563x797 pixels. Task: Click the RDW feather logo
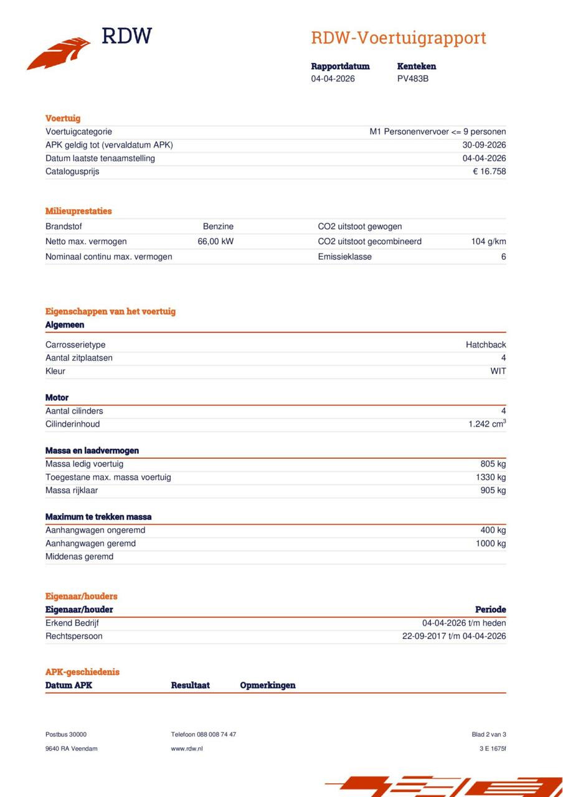tap(59, 54)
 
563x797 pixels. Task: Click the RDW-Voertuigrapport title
tap(399, 38)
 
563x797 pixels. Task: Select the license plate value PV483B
tap(413, 79)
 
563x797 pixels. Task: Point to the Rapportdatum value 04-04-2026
tap(333, 79)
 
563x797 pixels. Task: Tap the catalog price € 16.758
tap(490, 171)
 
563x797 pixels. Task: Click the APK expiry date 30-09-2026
tap(485, 145)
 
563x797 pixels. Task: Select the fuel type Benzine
tap(218, 227)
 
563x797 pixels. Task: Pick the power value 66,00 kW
tap(215, 242)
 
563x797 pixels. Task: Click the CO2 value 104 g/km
tap(488, 242)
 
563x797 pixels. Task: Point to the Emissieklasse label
tap(344, 257)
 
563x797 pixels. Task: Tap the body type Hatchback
tap(486, 345)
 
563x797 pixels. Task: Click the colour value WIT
tap(498, 371)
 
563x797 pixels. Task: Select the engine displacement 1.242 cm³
tap(487, 424)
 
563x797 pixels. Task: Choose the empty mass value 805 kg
tap(492, 464)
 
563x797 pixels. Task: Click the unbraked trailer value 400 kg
tap(492, 531)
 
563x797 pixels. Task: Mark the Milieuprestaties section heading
tap(78, 211)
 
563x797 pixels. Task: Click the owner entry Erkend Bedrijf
tap(72, 623)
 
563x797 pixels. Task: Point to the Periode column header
tap(491, 610)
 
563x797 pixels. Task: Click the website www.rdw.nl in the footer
tap(187, 748)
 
